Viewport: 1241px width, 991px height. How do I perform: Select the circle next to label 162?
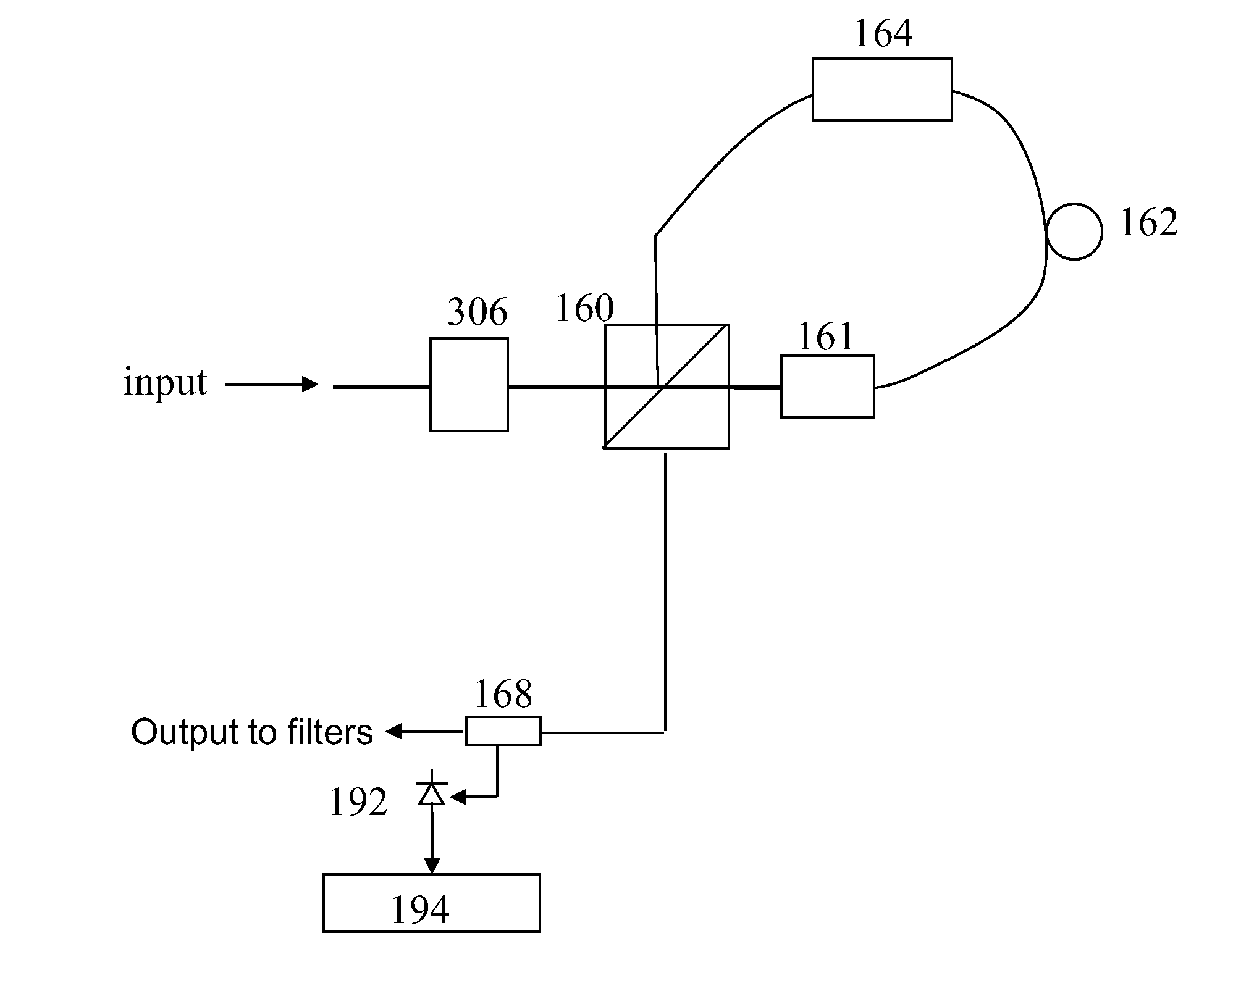(x=1048, y=232)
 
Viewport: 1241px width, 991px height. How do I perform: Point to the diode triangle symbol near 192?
(x=432, y=793)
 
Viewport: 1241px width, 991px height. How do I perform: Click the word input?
(x=165, y=382)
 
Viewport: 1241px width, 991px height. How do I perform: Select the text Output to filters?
(x=252, y=732)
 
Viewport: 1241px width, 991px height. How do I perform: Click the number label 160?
(x=584, y=308)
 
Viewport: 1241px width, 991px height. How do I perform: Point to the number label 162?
(x=1149, y=222)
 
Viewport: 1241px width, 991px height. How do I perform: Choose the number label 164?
(x=883, y=33)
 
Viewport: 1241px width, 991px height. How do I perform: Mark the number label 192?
(x=358, y=802)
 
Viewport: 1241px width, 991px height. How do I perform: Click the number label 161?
(x=826, y=337)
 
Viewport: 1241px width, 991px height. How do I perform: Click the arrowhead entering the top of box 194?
(x=432, y=866)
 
